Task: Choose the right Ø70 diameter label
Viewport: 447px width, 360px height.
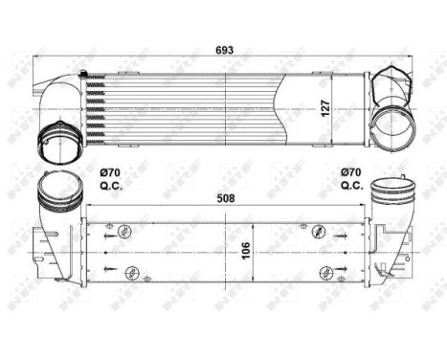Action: coord(351,172)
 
